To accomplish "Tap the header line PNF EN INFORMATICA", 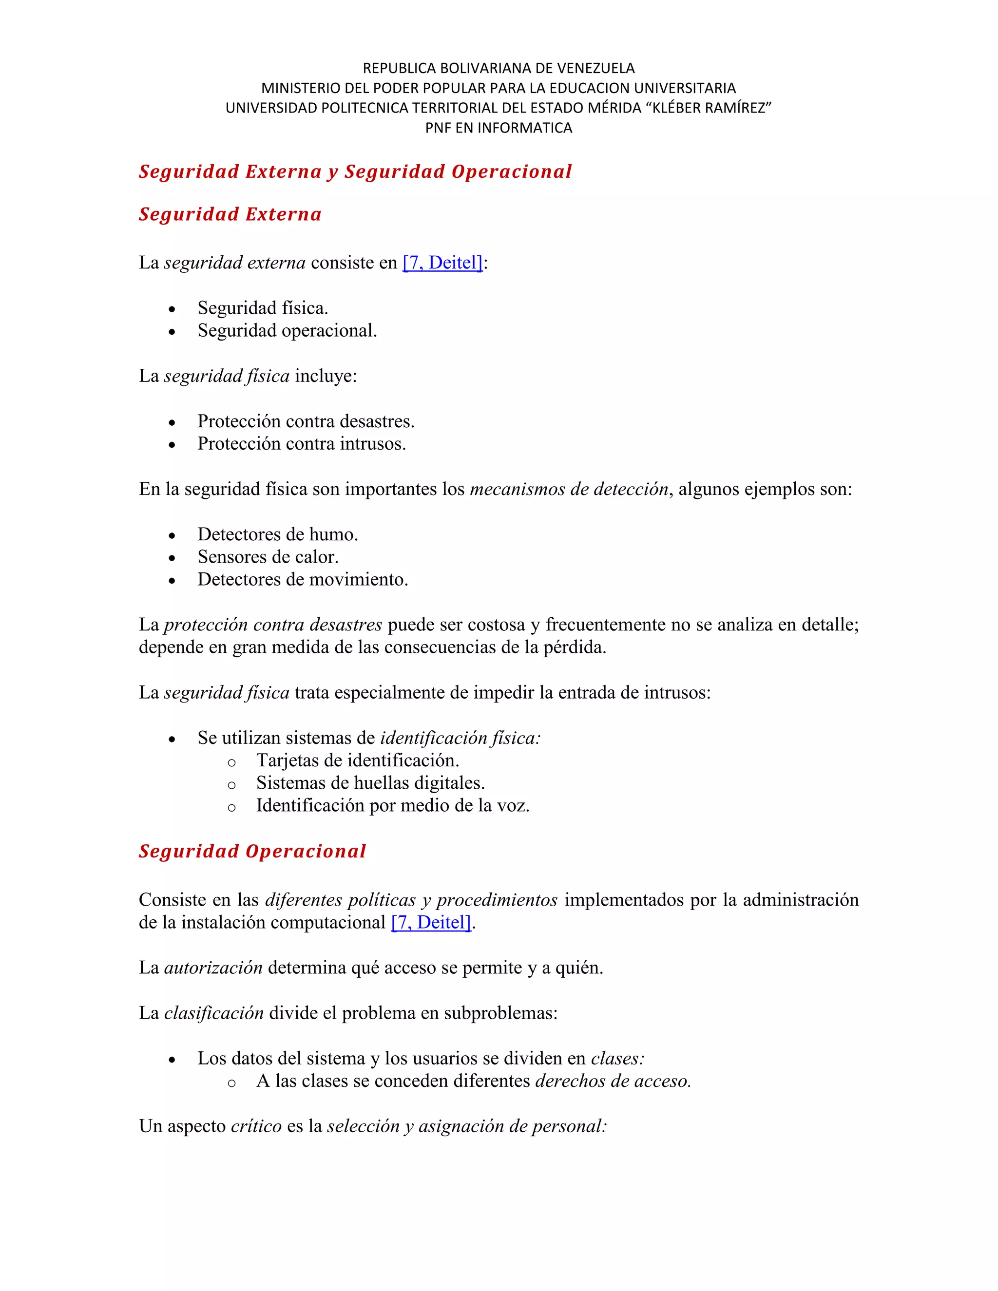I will point(499,128).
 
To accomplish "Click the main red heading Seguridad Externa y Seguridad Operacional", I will point(355,171).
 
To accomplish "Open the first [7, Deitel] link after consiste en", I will point(442,263).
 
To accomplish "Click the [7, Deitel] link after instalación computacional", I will point(431,922).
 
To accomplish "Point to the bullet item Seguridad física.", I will point(263,308).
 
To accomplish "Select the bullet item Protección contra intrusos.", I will point(302,443).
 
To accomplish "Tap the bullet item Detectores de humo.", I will point(277,534).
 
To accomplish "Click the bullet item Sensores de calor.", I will point(268,557).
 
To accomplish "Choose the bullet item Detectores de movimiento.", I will point(303,579).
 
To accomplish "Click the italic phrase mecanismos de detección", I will point(569,490).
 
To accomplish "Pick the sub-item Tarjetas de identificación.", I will point(357,760).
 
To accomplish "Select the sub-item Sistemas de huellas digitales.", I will point(370,783).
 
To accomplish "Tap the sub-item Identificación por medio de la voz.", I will point(393,805).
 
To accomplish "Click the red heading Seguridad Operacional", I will point(252,851).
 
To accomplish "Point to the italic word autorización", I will point(213,968).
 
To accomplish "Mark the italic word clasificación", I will point(213,1013).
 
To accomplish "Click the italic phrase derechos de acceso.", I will point(613,1081).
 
